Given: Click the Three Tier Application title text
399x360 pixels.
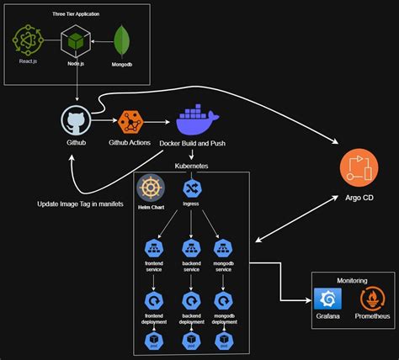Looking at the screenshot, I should (x=77, y=14).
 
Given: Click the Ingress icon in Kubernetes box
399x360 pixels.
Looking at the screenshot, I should (x=190, y=188).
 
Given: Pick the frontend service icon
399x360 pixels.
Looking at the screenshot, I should (x=155, y=248).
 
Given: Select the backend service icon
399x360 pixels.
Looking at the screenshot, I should (x=191, y=248).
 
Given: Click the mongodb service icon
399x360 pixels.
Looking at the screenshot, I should (x=223, y=248).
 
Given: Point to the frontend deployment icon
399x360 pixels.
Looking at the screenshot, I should (x=155, y=301).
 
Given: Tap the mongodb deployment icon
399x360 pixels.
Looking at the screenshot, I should (x=223, y=301).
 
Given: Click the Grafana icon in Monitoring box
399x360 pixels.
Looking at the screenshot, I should (x=327, y=299).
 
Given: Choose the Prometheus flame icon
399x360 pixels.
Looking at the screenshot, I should (x=371, y=299).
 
